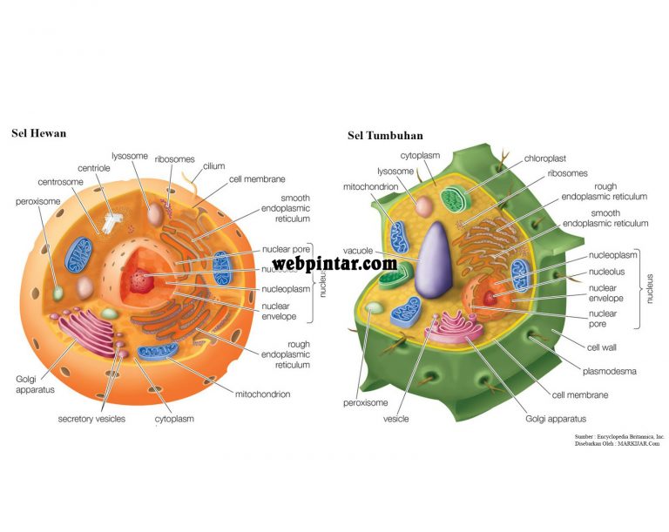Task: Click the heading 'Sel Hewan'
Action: (x=38, y=133)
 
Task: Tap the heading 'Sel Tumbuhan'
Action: (x=386, y=136)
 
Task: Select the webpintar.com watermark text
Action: (x=334, y=263)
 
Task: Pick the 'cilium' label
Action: (x=214, y=165)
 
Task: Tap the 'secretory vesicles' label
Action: (x=91, y=419)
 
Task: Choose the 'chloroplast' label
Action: (x=545, y=158)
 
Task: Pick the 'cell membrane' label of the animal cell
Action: (x=257, y=179)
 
